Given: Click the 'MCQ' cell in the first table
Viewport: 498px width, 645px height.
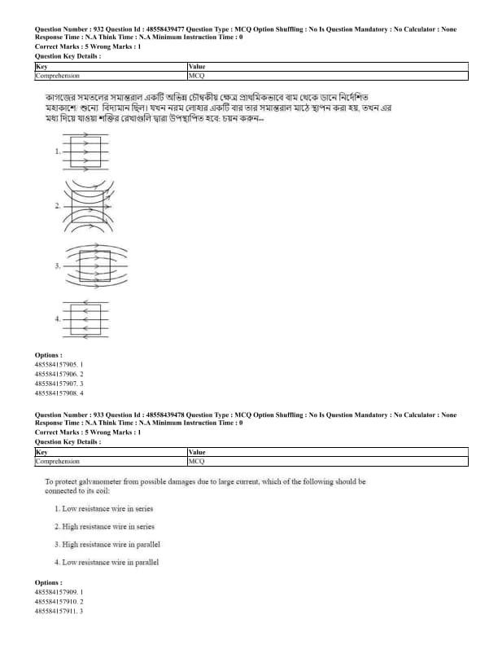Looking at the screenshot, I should [x=195, y=76].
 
